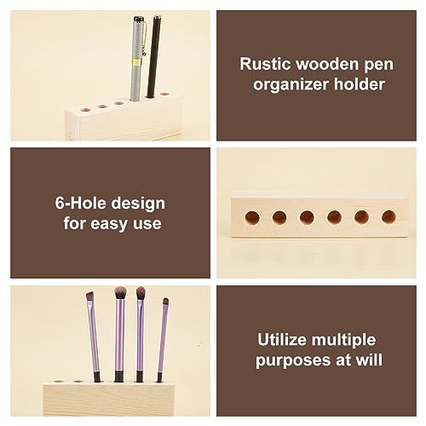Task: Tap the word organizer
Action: [x=278, y=83]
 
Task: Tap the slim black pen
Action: [x=154, y=60]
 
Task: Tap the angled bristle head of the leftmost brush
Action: [x=89, y=297]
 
